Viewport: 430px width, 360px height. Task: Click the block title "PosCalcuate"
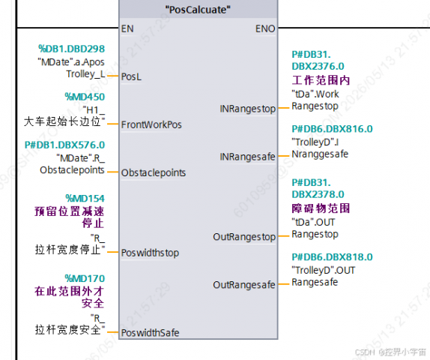click(198, 10)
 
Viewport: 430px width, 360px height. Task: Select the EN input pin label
click(127, 28)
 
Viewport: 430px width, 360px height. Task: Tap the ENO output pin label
click(265, 28)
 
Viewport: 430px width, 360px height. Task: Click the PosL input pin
click(131, 76)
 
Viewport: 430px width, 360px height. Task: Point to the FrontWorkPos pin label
click(151, 124)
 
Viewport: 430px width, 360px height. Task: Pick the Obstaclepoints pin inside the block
click(154, 172)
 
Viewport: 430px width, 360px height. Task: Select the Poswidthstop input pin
click(150, 253)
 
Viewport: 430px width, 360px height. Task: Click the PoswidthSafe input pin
click(151, 332)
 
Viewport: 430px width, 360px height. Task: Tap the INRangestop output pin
click(248, 109)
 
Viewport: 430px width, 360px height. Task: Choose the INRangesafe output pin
click(248, 157)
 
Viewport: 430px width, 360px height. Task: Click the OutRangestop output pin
click(244, 237)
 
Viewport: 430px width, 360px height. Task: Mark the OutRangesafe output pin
click(244, 285)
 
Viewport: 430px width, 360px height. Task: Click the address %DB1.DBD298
click(72, 49)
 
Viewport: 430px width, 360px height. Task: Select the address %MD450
click(85, 97)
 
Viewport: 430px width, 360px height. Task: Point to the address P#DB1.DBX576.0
click(64, 145)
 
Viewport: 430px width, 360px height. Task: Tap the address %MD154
click(85, 198)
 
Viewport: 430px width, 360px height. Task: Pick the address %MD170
click(85, 278)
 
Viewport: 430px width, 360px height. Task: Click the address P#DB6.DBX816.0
click(332, 129)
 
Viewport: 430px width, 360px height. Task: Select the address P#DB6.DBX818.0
click(332, 257)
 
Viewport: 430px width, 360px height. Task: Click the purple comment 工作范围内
click(321, 80)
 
